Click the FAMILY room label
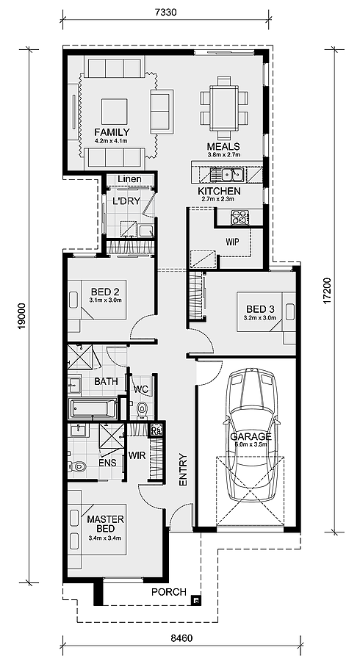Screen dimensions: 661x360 (112, 132)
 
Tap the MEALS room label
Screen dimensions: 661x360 (223, 146)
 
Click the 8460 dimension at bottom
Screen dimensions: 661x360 (179, 638)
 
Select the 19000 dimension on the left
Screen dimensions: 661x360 (21, 316)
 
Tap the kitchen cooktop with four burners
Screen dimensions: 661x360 (240, 217)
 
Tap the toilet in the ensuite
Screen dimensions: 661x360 (78, 466)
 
